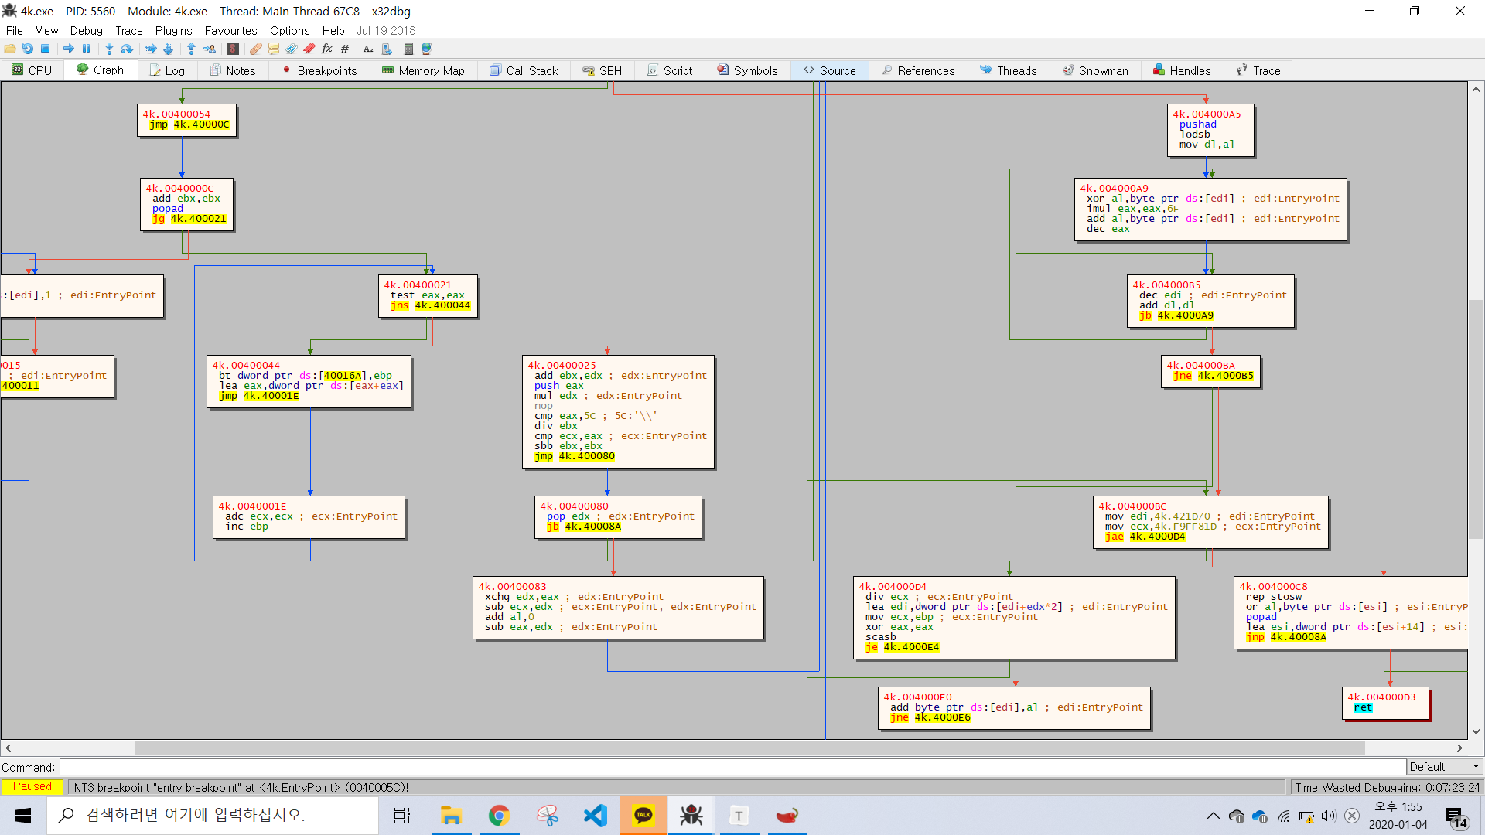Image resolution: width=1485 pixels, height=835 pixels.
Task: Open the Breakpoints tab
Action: [x=319, y=70]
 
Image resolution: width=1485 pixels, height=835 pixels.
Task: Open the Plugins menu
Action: [x=173, y=31]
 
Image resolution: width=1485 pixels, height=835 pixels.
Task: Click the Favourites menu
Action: [x=230, y=31]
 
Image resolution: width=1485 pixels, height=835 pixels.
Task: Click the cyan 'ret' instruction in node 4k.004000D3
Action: [x=1363, y=707]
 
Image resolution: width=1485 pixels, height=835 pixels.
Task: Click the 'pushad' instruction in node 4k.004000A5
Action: [x=1197, y=124]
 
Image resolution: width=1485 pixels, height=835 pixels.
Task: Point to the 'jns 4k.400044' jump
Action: [x=430, y=305]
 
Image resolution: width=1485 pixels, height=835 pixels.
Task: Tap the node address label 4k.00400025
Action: [x=562, y=366]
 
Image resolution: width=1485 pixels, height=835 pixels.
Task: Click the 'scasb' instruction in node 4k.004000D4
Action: [x=881, y=637]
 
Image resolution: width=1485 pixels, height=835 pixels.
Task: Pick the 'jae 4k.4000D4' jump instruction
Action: [x=1145, y=537]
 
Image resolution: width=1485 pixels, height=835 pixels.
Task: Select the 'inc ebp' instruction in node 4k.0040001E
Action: [x=247, y=527]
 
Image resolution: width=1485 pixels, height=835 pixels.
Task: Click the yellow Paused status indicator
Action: [x=32, y=786]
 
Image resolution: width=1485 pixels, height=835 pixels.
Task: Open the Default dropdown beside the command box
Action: [x=1443, y=767]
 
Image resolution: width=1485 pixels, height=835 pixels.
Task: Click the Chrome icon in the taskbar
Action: [x=499, y=816]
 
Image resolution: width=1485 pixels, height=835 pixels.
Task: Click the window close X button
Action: [x=1459, y=11]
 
